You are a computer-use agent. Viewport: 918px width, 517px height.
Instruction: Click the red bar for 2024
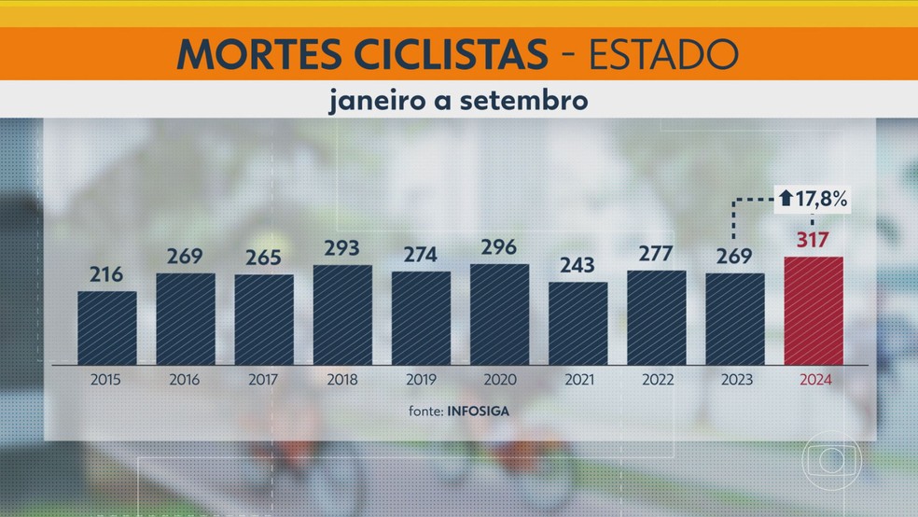(x=814, y=311)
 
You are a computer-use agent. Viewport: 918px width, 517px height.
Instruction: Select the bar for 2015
(x=107, y=328)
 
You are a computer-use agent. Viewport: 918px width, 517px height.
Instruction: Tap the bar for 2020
(x=499, y=314)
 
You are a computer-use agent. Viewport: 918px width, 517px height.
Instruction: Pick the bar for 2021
(x=577, y=323)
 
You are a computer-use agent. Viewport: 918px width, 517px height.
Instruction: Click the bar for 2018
(x=342, y=314)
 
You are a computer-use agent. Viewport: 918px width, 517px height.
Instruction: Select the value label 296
(x=499, y=250)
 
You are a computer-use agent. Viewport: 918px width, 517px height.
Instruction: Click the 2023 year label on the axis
(x=735, y=381)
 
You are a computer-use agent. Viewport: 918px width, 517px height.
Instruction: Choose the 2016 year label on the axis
(x=186, y=381)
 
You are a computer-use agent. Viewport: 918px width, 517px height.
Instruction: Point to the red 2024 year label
(x=814, y=381)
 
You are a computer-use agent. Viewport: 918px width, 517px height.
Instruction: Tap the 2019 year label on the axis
(x=421, y=381)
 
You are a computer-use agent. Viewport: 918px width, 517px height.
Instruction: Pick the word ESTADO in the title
(x=663, y=55)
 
